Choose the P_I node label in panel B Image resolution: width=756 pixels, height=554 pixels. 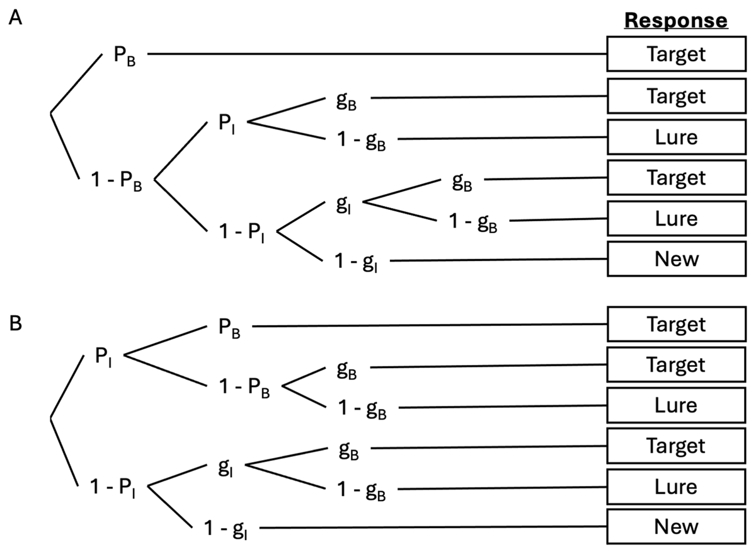click(105, 356)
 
